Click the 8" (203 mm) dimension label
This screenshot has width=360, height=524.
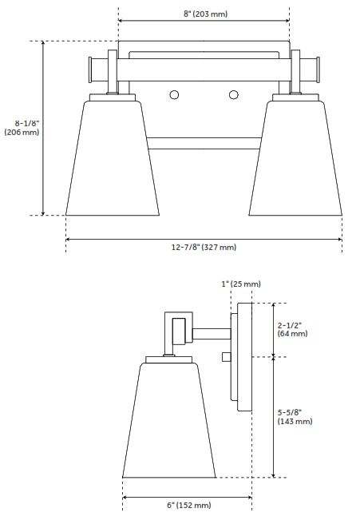[x=204, y=14]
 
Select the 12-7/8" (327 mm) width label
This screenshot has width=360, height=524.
[x=204, y=248]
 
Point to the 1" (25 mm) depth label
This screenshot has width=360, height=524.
[x=240, y=284]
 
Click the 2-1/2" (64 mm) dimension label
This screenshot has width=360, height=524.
[x=292, y=329]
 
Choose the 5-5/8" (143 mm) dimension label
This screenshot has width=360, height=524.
[x=295, y=416]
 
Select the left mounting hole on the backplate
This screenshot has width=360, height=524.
[x=174, y=96]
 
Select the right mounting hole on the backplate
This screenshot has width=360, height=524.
[x=234, y=96]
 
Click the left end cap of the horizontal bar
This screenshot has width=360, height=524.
[x=95, y=69]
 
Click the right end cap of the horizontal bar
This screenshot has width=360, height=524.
[x=314, y=69]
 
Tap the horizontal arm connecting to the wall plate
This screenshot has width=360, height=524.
[x=210, y=331]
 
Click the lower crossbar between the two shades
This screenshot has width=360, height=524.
[x=204, y=144]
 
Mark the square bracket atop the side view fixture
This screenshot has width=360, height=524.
[x=178, y=328]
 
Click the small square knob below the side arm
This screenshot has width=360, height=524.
[x=227, y=355]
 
